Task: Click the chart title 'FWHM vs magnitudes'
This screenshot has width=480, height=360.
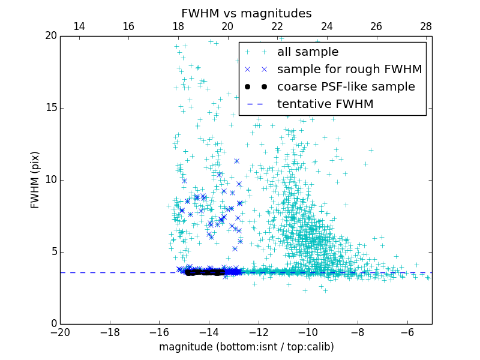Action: pos(246,13)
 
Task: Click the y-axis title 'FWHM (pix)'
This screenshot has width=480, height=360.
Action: pos(35,180)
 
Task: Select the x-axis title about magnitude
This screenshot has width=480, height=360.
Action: pos(246,347)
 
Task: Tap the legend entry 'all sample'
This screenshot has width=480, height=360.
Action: pos(308,52)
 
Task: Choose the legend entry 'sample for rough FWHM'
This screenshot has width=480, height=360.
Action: pos(349,70)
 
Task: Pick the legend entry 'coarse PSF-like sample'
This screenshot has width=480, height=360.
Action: pos(346,87)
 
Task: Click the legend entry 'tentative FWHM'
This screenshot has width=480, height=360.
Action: pos(325,104)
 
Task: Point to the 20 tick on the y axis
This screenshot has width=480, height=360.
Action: pos(50,36)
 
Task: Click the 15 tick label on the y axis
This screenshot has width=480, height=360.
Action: pos(50,108)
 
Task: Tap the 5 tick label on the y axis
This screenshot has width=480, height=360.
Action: pos(53,252)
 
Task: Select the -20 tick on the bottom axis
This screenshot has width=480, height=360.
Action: pos(60,331)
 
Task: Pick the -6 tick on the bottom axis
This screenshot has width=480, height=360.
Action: pos(407,331)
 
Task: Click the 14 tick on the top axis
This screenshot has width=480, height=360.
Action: pos(79,26)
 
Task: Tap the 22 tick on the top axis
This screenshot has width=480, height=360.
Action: pos(277,26)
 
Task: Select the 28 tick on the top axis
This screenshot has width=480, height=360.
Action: pos(426,26)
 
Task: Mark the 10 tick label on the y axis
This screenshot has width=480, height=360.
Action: pos(50,180)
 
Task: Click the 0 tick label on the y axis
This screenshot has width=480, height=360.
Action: pos(53,324)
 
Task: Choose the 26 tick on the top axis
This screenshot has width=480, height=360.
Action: pos(376,26)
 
